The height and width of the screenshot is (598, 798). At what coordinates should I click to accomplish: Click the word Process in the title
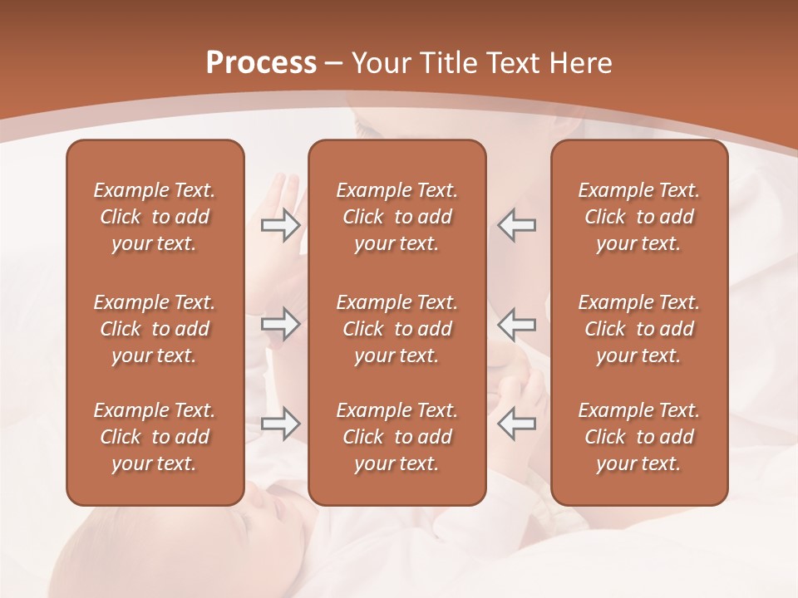point(261,63)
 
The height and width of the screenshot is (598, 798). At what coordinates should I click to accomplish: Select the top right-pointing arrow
point(280,225)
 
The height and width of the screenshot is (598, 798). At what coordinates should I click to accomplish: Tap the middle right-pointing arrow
point(280,324)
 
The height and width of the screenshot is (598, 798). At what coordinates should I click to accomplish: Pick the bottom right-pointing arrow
point(280,424)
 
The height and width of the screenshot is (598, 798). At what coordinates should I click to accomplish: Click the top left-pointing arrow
point(516,225)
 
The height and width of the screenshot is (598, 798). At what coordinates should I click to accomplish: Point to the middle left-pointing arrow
point(516,324)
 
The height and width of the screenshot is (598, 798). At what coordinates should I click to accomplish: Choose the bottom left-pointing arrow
point(516,424)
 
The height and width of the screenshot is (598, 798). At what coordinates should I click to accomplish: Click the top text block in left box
point(155,217)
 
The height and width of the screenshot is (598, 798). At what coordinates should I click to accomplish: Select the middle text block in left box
point(155,329)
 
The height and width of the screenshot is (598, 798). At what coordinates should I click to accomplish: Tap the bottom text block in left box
point(155,437)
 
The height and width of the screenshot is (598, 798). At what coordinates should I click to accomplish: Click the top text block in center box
point(397,217)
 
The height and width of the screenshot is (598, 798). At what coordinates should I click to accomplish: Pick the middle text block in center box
point(397,329)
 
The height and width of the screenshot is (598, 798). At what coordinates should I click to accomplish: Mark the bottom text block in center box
point(397,437)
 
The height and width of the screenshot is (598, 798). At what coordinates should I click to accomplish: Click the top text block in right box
point(638,217)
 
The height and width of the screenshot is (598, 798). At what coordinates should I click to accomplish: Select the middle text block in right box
point(638,329)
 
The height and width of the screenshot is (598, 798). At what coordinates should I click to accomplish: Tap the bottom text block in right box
point(638,437)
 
